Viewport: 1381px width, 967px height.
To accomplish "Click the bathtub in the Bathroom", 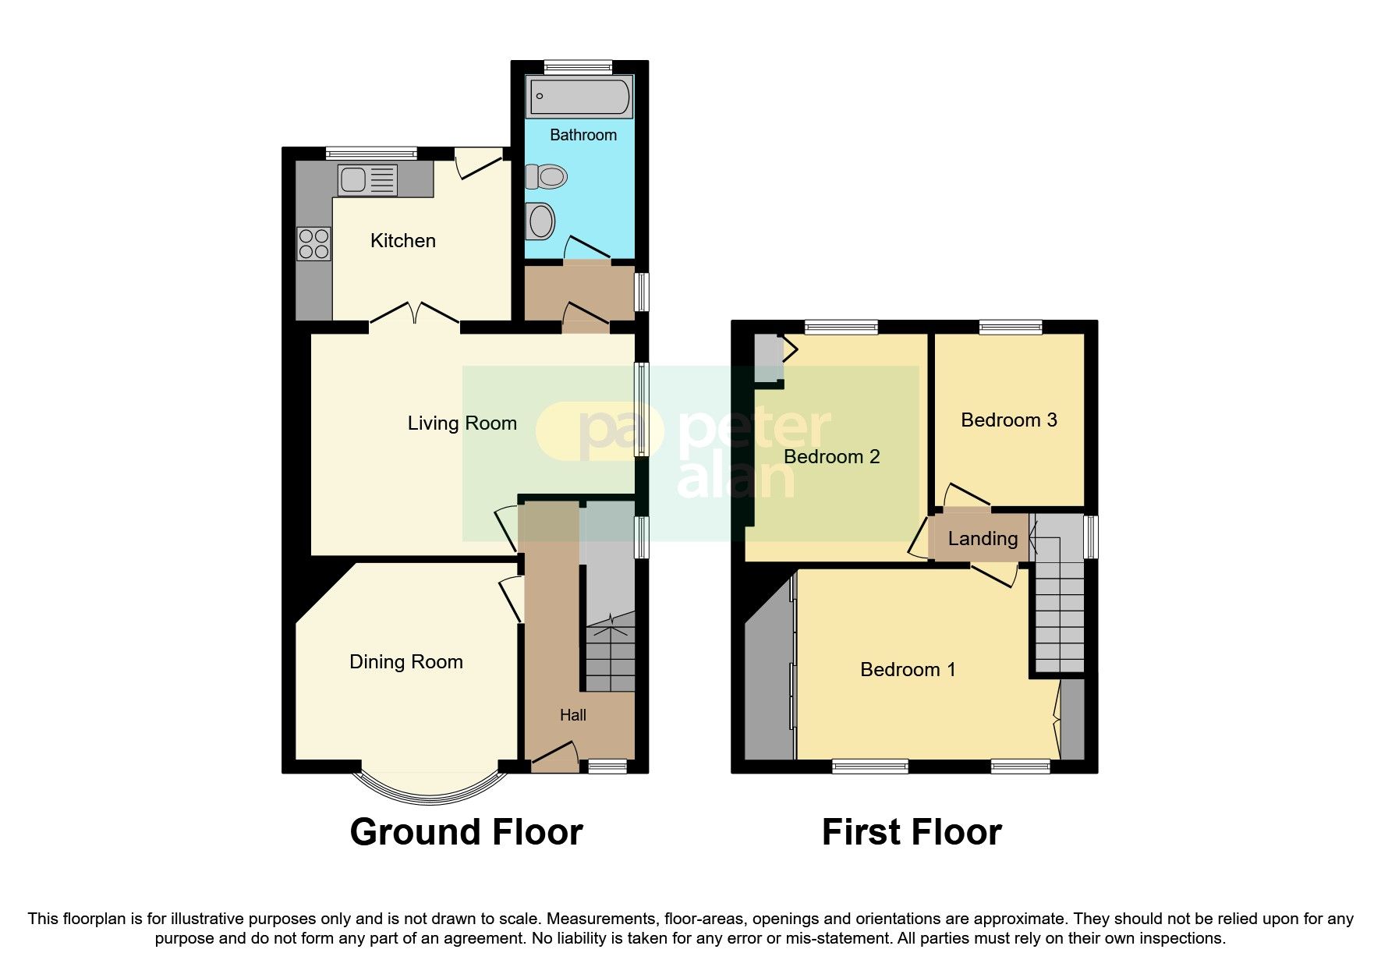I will pyautogui.click(x=579, y=97).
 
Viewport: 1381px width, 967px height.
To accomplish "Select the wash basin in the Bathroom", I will pyautogui.click(x=540, y=221).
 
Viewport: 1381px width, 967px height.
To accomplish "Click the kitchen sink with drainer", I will pyautogui.click(x=367, y=181).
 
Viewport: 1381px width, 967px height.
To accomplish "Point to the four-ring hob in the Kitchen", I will pyautogui.click(x=313, y=243).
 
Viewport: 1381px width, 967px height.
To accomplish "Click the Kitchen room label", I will pyautogui.click(x=402, y=241).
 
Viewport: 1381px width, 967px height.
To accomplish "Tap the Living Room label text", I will pyautogui.click(x=462, y=423).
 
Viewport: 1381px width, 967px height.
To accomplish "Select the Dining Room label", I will pyautogui.click(x=405, y=662).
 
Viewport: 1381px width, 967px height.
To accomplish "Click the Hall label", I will pyautogui.click(x=572, y=715).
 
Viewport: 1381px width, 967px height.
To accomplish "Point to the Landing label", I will pyautogui.click(x=982, y=539).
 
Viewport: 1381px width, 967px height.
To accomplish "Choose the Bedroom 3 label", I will pyautogui.click(x=1008, y=420).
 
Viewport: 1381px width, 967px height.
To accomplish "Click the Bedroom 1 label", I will pyautogui.click(x=907, y=670).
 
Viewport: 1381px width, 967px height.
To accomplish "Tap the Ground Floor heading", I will pyautogui.click(x=466, y=832).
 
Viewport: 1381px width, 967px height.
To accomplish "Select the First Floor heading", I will pyautogui.click(x=911, y=832).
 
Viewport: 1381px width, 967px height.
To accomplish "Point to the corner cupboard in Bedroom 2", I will pyautogui.click(x=767, y=359).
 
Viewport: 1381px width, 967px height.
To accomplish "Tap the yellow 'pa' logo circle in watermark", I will pyautogui.click(x=597, y=430).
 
